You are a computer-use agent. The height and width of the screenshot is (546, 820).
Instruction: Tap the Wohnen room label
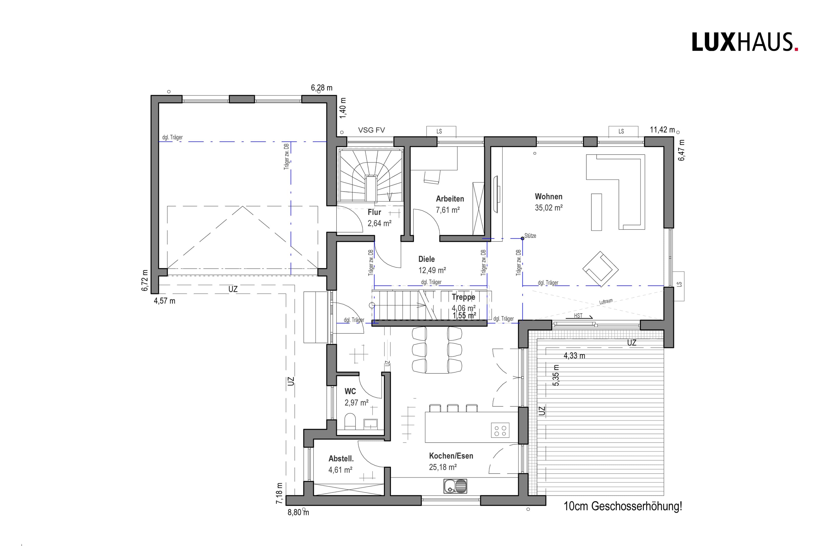549,196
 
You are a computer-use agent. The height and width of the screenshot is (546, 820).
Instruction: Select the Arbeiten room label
450,199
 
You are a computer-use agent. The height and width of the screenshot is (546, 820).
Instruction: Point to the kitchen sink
455,486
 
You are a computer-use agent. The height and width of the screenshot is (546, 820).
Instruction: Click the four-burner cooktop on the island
500,430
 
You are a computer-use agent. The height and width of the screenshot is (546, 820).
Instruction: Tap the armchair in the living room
600,269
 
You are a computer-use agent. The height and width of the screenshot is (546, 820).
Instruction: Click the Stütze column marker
522,239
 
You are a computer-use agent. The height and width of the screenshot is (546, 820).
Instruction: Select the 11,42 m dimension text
662,130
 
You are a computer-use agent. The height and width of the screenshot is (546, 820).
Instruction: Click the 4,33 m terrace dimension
574,356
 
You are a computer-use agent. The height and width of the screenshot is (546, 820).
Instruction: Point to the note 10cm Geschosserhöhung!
623,506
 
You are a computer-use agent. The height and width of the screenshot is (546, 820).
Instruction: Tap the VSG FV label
372,130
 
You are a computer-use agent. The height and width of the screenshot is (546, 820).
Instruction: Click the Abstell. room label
341,459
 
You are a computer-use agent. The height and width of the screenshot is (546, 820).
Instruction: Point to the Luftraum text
606,302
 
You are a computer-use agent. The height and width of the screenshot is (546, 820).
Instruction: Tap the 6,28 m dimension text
322,88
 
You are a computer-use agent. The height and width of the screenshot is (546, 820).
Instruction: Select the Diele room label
427,259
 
